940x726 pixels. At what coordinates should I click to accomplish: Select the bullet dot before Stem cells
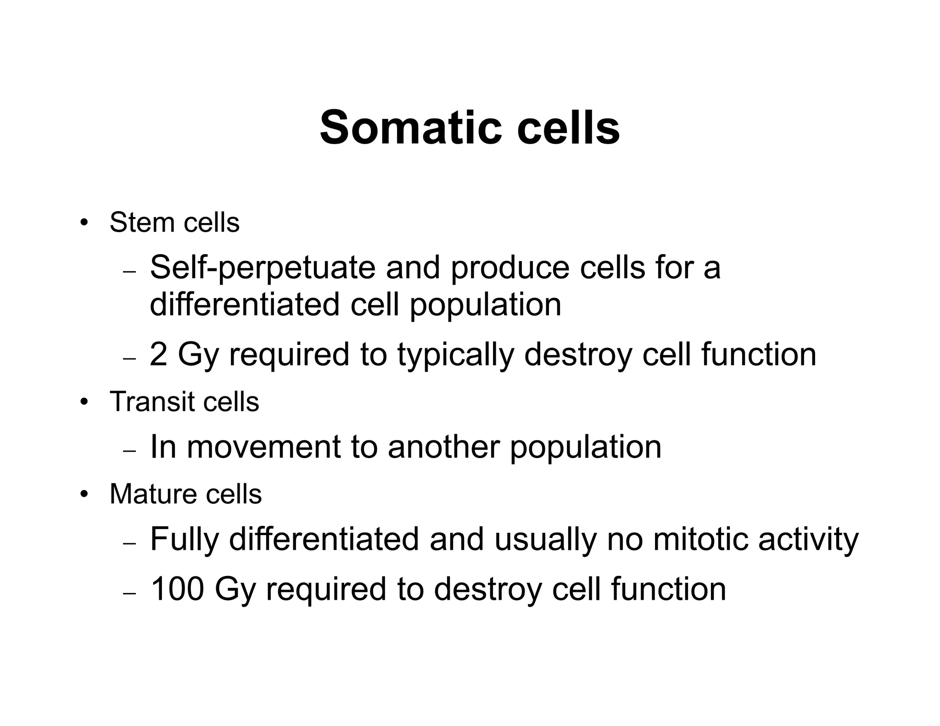[83, 223]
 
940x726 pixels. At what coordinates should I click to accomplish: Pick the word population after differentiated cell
[485, 305]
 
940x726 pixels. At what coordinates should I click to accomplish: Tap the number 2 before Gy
[158, 354]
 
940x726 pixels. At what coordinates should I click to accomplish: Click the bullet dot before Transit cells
[83, 402]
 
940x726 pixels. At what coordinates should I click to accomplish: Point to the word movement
[263, 447]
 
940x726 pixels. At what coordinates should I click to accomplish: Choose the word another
[443, 447]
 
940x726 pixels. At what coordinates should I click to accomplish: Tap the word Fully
[184, 540]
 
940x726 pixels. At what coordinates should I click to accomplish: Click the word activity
[808, 540]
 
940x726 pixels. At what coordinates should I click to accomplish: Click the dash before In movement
[130, 451]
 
